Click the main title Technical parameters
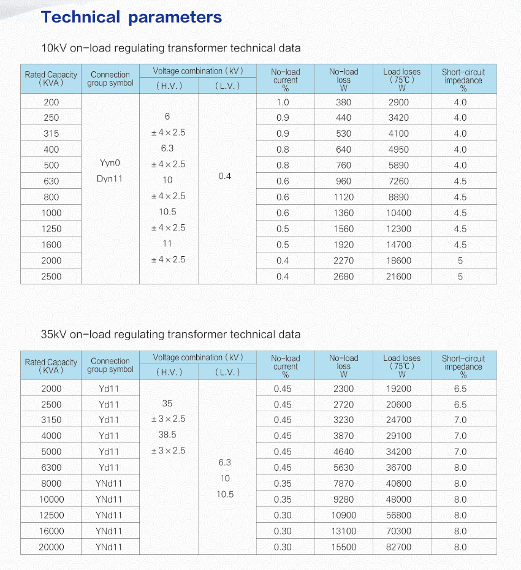click(x=131, y=17)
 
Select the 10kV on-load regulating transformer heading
click(x=170, y=48)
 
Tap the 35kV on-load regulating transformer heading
click(x=170, y=334)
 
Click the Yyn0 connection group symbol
click(x=110, y=164)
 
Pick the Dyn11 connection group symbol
click(x=110, y=180)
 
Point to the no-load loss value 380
click(x=343, y=102)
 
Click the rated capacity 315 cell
click(x=51, y=134)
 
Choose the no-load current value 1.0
click(x=283, y=102)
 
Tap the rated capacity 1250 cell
click(x=51, y=229)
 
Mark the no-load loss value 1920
click(x=343, y=245)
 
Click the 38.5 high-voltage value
click(x=167, y=435)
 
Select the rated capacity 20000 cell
click(x=51, y=547)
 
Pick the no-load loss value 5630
click(x=343, y=467)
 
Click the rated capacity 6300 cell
click(x=51, y=467)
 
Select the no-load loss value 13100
click(x=343, y=531)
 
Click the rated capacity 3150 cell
click(x=51, y=420)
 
